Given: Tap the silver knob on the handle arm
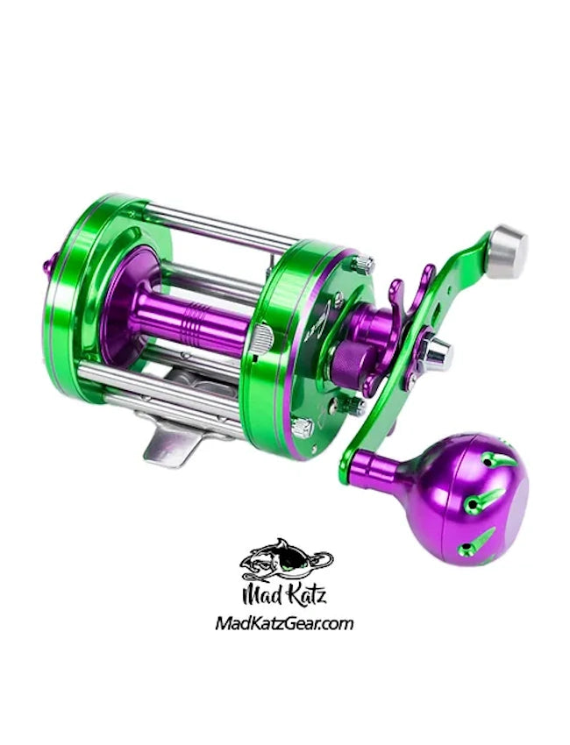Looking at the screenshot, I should point(506,251).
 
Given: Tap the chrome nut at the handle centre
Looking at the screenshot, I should point(435,353).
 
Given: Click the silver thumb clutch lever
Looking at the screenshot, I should point(260,340).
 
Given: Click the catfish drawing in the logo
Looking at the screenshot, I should point(285,562).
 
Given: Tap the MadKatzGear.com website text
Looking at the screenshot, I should point(284,624).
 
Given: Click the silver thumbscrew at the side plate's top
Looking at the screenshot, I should point(362,263).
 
